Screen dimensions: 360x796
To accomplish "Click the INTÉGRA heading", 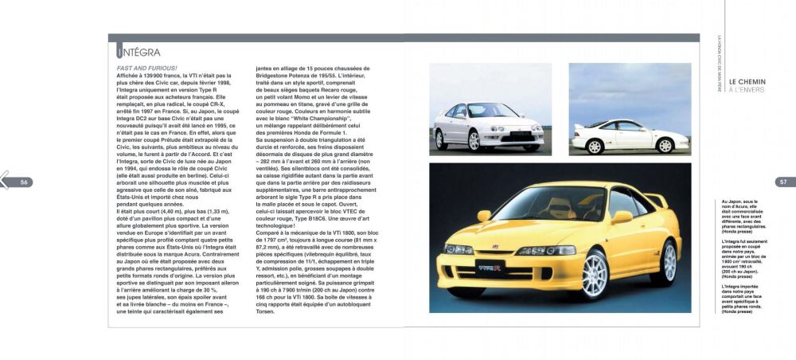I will pos(139,53).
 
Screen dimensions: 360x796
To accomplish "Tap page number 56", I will pos(24,182).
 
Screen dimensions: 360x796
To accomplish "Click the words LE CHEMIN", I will pos(747,80).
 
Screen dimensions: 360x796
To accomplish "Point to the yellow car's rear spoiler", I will pos(656,198).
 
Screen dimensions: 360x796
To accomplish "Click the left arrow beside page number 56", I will pos(5,182).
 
